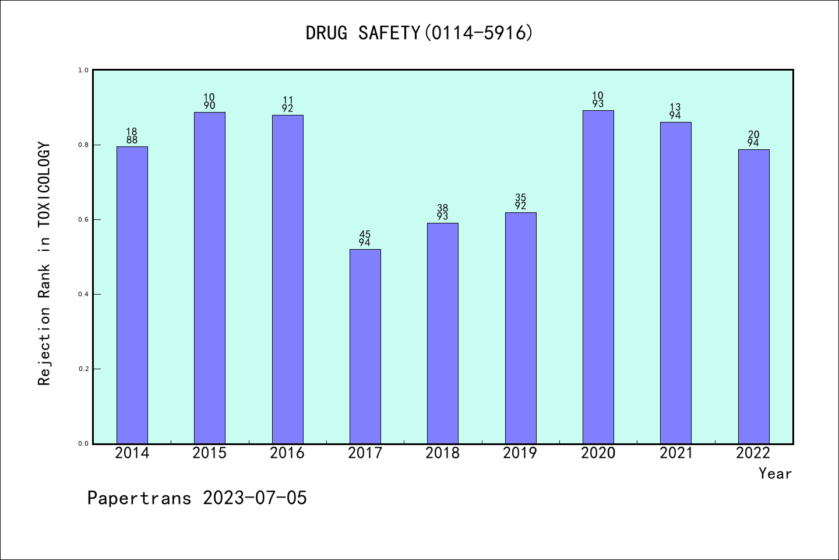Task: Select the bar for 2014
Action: [132, 295]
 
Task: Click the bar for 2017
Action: [365, 346]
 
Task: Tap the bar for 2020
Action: [598, 277]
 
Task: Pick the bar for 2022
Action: [753, 296]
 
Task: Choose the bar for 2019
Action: [520, 328]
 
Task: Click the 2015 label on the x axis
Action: [210, 453]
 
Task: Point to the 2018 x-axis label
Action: [443, 453]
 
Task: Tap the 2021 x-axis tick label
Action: [676, 453]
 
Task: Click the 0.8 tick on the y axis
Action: [83, 145]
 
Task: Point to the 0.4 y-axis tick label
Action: [83, 294]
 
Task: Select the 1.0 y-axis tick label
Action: [83, 70]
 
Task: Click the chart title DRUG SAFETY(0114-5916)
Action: [419, 33]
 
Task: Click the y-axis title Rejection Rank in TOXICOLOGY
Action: [45, 264]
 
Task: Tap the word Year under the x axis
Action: [775, 474]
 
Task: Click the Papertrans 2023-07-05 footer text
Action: [197, 498]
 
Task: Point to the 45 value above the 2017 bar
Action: [365, 235]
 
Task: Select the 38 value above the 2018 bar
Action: [443, 208]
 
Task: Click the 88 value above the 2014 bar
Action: [132, 140]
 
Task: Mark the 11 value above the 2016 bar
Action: [287, 100]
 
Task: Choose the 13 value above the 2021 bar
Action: [675, 107]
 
